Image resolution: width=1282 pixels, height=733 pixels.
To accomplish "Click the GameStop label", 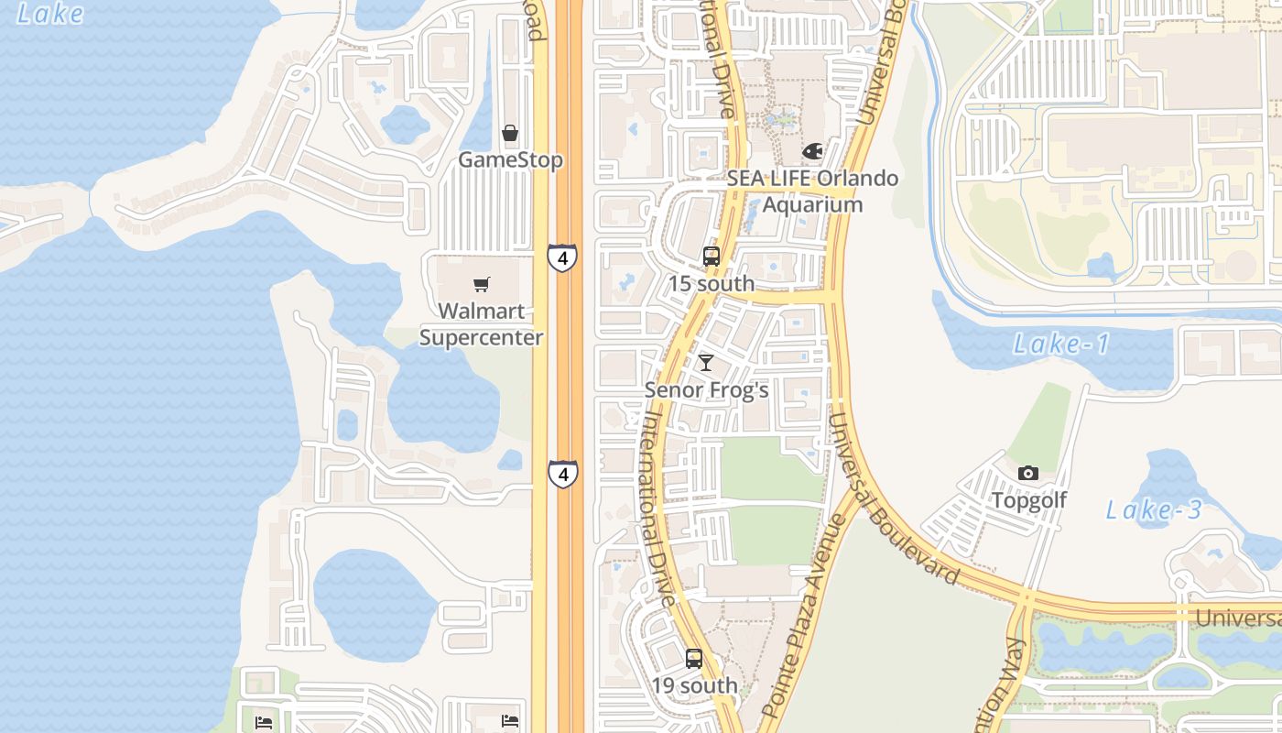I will coord(510,160).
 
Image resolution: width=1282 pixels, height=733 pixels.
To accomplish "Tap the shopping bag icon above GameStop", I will coord(510,134).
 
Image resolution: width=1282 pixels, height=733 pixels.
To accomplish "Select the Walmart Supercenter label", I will coord(482,324).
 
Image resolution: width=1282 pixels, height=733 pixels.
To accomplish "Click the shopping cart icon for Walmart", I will coord(482,285).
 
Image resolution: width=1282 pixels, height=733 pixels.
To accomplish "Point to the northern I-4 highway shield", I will coord(562,257).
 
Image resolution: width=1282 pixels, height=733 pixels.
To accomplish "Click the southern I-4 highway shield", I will coord(563,474).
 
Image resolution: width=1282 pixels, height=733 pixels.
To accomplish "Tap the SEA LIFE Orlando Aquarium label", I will coord(813,191).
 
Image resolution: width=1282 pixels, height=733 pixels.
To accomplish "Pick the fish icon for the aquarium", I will coord(812,150).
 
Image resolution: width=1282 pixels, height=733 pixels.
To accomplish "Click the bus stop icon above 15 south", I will coord(712,257).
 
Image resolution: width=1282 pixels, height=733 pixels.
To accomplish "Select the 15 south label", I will coord(712,284).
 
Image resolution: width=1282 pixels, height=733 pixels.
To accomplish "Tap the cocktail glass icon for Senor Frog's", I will coord(706,363).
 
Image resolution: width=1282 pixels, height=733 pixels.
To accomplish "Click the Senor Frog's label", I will coord(706,390).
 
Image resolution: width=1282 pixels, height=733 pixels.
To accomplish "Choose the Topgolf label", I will coord(1029,500).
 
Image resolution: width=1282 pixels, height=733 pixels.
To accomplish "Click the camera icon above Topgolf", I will coord(1028,473).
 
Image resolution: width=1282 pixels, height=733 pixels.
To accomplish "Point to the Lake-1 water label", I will coord(1061,345).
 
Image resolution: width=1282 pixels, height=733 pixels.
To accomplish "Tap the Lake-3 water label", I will coord(1154,510).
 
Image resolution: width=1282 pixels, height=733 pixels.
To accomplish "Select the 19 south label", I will coord(694,685).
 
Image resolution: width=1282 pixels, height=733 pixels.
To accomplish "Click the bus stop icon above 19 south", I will coord(694,658).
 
